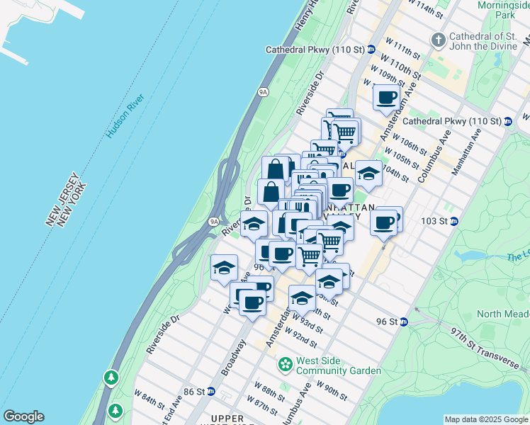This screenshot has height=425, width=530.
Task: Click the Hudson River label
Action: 125,117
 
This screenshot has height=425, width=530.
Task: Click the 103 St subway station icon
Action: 455,221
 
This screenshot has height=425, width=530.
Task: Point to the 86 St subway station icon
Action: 210,391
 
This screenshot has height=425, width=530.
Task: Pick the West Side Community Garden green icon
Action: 286,365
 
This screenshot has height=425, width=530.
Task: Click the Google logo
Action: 23,416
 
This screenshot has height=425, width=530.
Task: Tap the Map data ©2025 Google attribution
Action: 485,419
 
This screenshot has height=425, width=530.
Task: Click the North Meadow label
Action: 502,314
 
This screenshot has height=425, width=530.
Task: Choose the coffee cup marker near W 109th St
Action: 385,98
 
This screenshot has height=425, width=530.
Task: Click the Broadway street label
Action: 233,357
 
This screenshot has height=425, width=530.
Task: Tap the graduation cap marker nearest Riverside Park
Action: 224,269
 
